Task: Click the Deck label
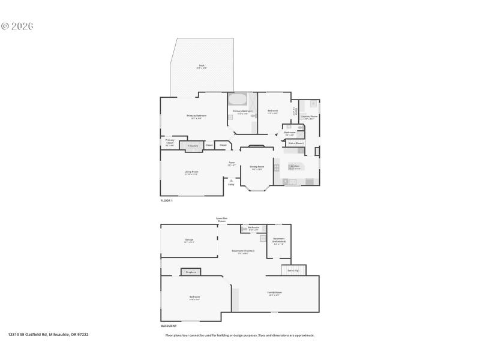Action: tap(202, 67)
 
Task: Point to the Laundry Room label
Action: tap(310, 117)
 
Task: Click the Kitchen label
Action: tap(295, 167)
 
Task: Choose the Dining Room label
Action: tap(257, 167)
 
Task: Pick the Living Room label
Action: tap(191, 173)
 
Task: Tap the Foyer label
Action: tap(231, 163)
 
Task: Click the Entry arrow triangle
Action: tap(231, 179)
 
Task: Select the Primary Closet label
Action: tap(170, 142)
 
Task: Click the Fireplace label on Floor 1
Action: tap(193, 146)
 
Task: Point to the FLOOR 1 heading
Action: tap(166, 200)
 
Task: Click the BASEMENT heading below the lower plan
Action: tap(169, 326)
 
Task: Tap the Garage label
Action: tap(189, 241)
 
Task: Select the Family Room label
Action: tap(275, 293)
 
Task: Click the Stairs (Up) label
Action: tap(294, 271)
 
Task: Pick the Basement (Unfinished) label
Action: tap(279, 241)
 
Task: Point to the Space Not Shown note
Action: tap(222, 219)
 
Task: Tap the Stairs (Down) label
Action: tap(296, 143)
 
